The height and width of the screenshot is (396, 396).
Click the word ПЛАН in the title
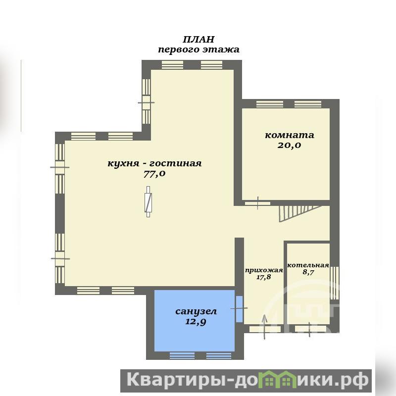coord(198,40)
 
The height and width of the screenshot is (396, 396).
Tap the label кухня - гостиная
coord(154,163)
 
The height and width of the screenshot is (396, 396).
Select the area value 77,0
coord(154,174)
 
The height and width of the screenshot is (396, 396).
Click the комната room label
coord(290,135)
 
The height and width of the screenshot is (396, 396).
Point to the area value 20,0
coord(290,145)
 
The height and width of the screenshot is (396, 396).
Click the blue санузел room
coord(195,320)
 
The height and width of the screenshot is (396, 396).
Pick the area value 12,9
coord(196,322)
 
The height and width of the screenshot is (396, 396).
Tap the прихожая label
coord(264,270)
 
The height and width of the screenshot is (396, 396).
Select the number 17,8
coord(264,277)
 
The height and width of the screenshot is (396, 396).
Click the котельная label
coord(308,265)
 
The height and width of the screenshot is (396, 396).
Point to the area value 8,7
coord(308,272)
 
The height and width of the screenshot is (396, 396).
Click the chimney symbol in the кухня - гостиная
coord(148,202)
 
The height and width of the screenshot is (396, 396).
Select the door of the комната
coord(257,203)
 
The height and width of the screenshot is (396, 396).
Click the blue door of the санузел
coord(239,308)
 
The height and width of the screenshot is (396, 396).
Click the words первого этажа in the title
coord(198,49)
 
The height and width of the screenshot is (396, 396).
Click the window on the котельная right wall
coord(335,280)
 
